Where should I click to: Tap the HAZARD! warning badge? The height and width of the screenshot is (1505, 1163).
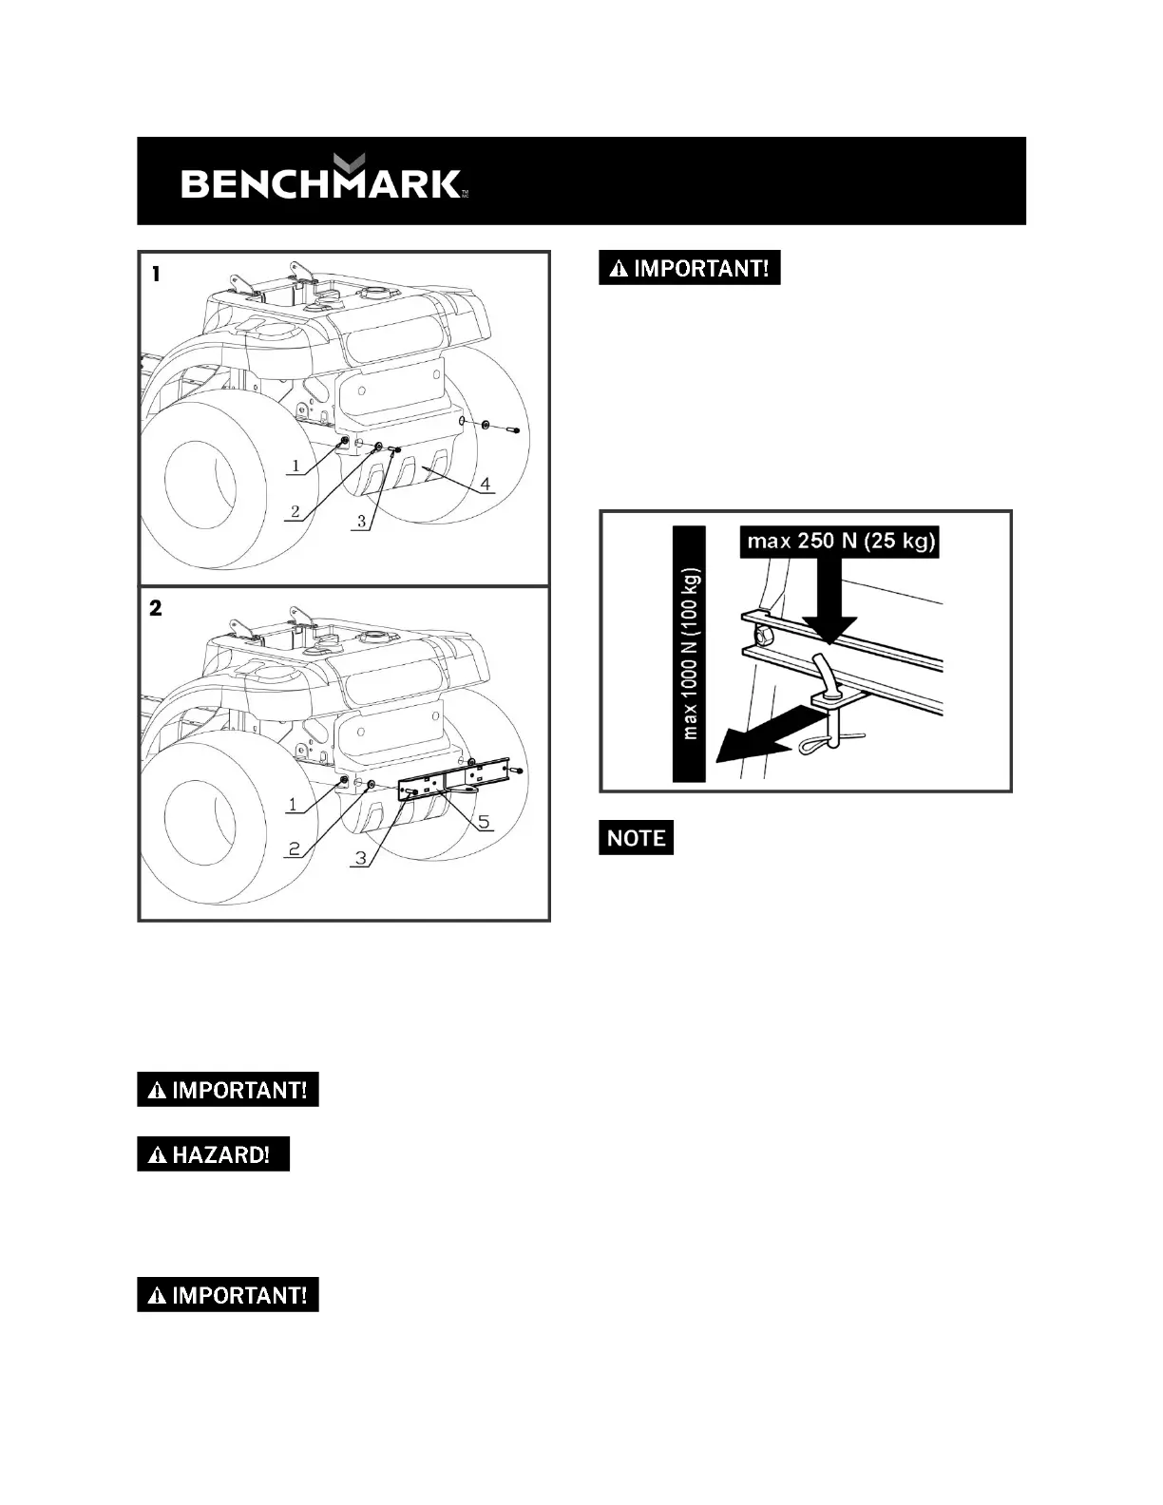tap(213, 1154)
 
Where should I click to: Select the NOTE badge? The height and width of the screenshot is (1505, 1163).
tap(636, 837)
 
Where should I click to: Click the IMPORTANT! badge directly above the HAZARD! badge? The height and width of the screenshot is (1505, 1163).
tap(227, 1090)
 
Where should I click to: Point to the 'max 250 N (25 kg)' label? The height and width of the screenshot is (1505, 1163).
tap(841, 542)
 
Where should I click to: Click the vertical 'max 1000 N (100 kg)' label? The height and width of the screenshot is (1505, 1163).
tap(690, 654)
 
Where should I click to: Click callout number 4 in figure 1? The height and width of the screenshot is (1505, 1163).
tap(486, 485)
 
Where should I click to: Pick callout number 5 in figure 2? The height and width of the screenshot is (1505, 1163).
tap(484, 822)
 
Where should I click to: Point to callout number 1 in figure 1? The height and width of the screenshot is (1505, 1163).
tap(296, 466)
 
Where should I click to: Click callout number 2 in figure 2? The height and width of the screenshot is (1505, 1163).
tap(295, 848)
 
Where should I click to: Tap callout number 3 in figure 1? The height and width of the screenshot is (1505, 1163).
tap(361, 521)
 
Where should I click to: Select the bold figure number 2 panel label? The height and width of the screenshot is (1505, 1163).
tap(156, 608)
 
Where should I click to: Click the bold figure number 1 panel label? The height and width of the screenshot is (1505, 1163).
tap(156, 274)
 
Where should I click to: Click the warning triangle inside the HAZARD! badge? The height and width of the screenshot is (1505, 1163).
tap(156, 1155)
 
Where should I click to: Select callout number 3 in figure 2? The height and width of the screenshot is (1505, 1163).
tap(359, 858)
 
